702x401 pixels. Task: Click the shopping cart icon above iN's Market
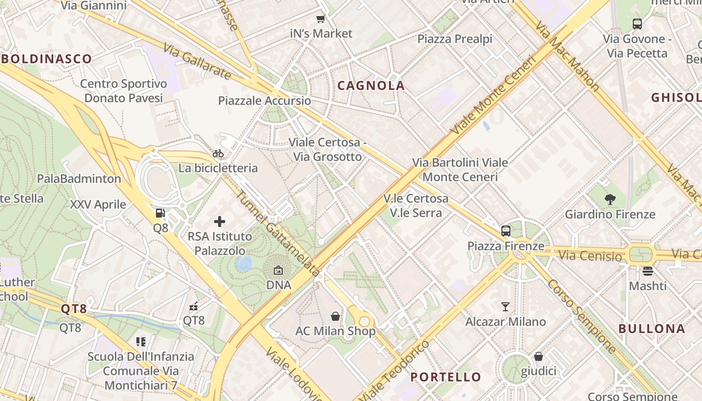[321, 19]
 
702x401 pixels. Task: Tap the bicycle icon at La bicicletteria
[218, 153]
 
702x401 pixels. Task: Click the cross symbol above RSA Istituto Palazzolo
[220, 221]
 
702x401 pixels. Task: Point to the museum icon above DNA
[278, 271]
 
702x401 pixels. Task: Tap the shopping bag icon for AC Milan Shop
[335, 316]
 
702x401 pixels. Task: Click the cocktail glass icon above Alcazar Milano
[505, 307]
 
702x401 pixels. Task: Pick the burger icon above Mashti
[648, 271]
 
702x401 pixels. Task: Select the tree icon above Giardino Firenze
[610, 199]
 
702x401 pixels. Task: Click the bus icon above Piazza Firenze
[506, 231]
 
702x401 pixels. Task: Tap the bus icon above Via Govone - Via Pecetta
[637, 24]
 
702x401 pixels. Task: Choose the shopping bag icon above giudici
[539, 356]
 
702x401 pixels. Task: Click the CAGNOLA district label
[371, 86]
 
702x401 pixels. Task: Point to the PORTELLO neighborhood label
[446, 377]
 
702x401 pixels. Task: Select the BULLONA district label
[651, 329]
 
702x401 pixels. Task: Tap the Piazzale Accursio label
[264, 101]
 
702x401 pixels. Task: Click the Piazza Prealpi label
[455, 39]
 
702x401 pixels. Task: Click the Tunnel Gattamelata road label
[278, 234]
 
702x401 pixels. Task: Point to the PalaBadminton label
[79, 178]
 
